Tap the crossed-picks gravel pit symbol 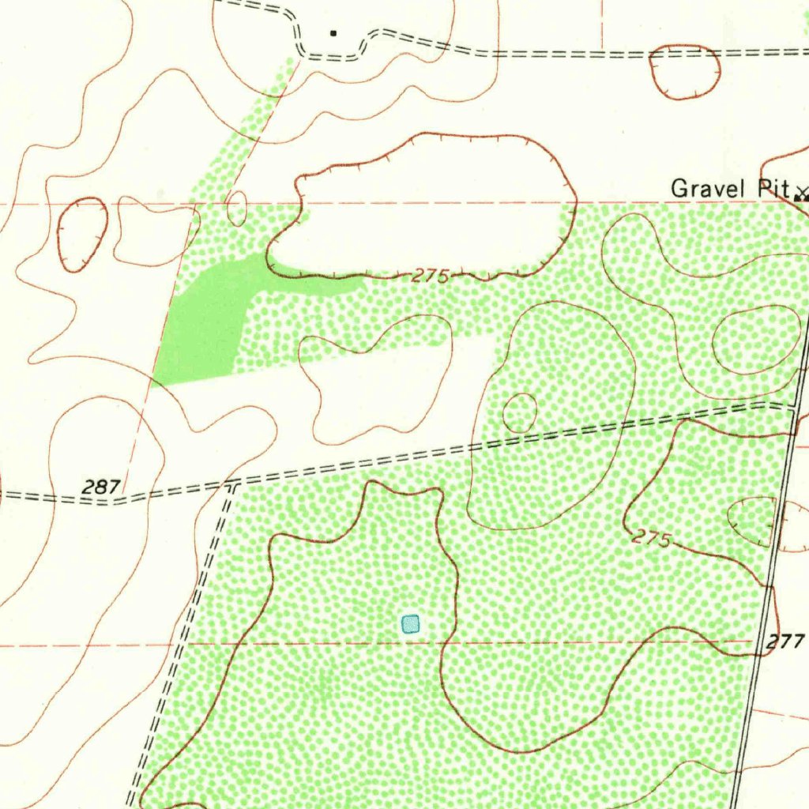(x=802, y=192)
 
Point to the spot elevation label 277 (x=785, y=642)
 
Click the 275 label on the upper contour (x=431, y=277)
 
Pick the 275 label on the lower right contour (x=652, y=540)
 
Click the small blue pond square (x=410, y=624)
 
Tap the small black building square (x=333, y=33)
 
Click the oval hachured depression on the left (x=83, y=235)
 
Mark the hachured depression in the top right (x=685, y=71)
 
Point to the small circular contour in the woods (x=520, y=412)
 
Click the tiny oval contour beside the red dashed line (x=236, y=208)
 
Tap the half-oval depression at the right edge (x=754, y=521)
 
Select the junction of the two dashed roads (x=231, y=484)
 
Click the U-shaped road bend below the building (x=332, y=54)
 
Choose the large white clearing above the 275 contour (x=427, y=209)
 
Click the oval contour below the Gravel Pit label (x=756, y=340)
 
